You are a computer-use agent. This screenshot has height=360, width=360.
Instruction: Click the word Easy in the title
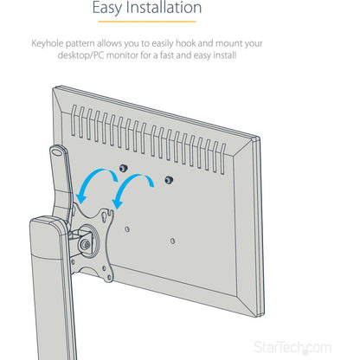click(x=106, y=8)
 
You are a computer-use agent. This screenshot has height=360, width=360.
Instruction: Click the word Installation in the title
click(x=164, y=7)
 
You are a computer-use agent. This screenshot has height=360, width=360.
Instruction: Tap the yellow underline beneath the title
click(x=147, y=22)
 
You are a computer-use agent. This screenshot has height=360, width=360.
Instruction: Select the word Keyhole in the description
click(x=48, y=44)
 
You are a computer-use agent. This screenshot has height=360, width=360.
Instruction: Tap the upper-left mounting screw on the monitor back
click(x=124, y=168)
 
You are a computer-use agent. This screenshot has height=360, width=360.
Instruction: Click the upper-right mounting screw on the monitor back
click(x=169, y=181)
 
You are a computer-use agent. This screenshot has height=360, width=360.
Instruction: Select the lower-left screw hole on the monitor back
click(x=127, y=229)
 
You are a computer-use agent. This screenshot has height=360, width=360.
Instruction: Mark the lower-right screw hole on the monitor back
click(x=172, y=241)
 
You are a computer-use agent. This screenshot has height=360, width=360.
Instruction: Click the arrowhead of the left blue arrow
click(x=81, y=198)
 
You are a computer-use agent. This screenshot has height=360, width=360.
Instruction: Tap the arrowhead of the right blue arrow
click(x=118, y=203)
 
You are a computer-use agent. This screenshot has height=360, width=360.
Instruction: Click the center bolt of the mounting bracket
click(x=86, y=245)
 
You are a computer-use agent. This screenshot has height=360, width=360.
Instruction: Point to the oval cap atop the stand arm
click(x=57, y=151)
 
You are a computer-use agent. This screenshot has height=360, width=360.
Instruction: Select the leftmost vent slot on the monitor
click(x=74, y=120)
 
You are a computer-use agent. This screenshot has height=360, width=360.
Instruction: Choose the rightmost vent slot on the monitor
click(x=223, y=159)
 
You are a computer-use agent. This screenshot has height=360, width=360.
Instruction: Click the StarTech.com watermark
click(x=292, y=348)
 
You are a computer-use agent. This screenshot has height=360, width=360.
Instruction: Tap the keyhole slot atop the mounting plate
click(x=110, y=214)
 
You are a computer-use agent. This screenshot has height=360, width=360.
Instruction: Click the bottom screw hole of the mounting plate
click(x=109, y=278)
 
